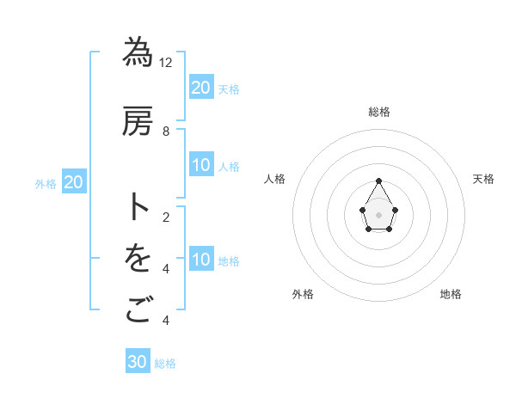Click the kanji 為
click(138, 52)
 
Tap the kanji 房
click(138, 122)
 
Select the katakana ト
click(138, 207)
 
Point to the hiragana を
click(138, 259)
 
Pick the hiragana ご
click(138, 310)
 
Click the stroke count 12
click(166, 62)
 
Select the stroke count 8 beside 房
click(166, 132)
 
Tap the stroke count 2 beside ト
click(166, 217)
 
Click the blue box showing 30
click(138, 362)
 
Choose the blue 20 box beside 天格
click(201, 88)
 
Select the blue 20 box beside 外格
click(74, 182)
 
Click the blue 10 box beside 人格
click(201, 166)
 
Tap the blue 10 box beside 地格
click(201, 260)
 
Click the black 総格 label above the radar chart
click(379, 112)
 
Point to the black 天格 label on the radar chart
click(483, 179)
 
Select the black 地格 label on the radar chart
click(451, 294)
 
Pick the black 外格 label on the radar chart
click(303, 294)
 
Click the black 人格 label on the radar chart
click(274, 179)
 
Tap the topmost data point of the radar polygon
click(379, 181)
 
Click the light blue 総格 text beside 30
click(165, 364)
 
